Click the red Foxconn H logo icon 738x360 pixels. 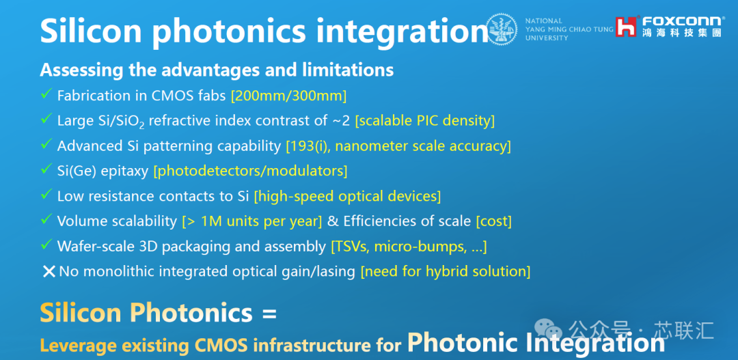point(627,27)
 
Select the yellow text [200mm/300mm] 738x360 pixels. point(288,96)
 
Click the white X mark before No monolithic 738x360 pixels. point(49,271)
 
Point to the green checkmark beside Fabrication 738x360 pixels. point(46,94)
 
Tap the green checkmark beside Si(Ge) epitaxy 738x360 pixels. point(46,169)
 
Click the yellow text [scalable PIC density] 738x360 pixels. point(424,121)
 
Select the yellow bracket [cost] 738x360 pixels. point(494,221)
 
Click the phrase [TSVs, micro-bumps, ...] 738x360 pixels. point(409,246)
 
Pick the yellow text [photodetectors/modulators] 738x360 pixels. point(250,171)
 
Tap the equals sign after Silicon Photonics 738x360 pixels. point(270,314)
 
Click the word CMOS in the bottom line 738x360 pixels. point(221,345)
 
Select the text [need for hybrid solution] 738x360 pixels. point(446,271)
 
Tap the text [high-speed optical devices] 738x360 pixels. point(347,196)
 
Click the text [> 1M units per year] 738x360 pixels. point(251,221)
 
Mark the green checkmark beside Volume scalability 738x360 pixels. point(46,219)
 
